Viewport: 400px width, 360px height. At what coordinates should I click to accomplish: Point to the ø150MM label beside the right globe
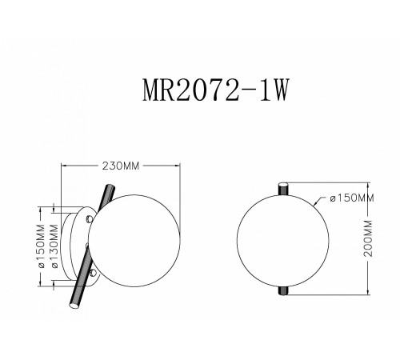[350, 198]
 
